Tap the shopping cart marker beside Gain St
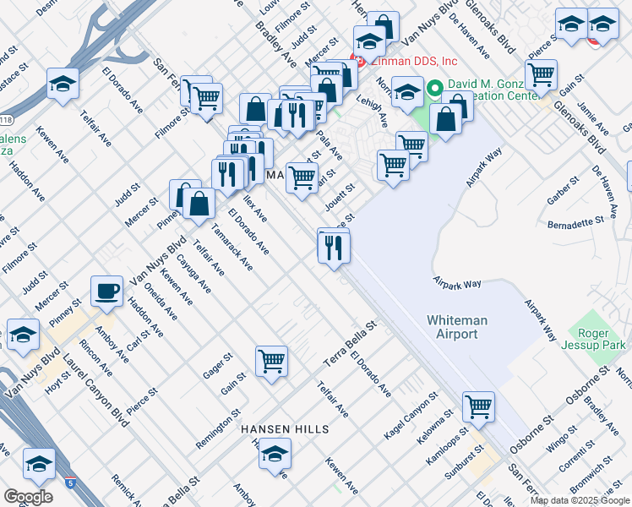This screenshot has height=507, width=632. [x=272, y=362]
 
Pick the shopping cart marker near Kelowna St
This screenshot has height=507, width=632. [x=478, y=406]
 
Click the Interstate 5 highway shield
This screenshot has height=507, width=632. [x=68, y=482]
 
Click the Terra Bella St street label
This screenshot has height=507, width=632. [x=350, y=345]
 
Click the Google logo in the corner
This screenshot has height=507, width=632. [x=28, y=497]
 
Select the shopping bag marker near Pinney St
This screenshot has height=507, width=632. [x=199, y=204]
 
